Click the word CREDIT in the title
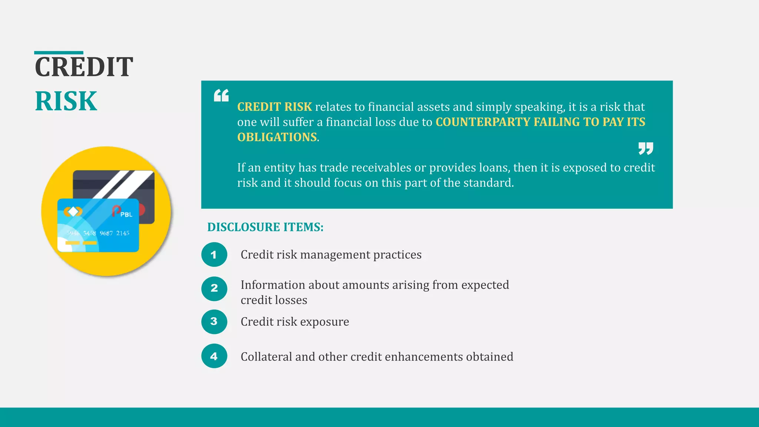[84, 67]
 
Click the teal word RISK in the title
[66, 101]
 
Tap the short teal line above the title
[59, 53]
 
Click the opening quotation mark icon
[221, 95]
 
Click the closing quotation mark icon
[646, 148]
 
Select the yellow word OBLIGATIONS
[277, 137]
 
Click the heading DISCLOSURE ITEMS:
[265, 227]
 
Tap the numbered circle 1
[214, 255]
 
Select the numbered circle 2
[214, 288]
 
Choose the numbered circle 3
[214, 321]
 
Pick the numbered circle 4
[214, 356]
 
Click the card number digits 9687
[106, 233]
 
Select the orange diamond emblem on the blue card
[73, 212]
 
